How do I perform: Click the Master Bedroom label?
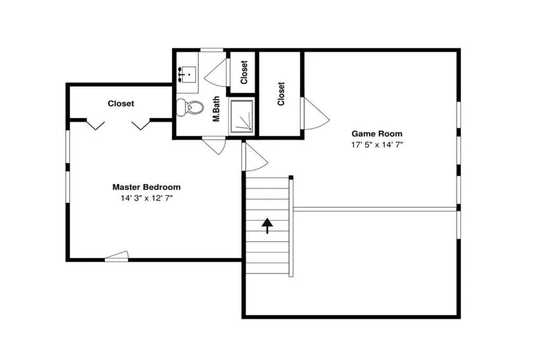(x=146, y=187)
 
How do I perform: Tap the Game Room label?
(x=377, y=133)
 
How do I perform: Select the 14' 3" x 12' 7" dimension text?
(x=146, y=198)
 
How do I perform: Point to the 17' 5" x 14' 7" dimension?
(x=377, y=145)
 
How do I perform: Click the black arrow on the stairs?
(x=267, y=226)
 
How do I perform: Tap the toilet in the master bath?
(x=189, y=107)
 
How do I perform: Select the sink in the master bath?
(x=187, y=74)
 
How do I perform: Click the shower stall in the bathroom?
(x=242, y=116)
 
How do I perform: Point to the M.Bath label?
(x=216, y=109)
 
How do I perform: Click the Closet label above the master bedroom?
(x=121, y=103)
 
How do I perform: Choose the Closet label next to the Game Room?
(x=281, y=94)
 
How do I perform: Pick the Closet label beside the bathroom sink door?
(x=244, y=73)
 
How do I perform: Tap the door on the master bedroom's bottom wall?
(x=116, y=255)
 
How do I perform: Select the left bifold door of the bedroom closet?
(x=95, y=125)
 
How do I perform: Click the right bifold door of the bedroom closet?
(x=141, y=125)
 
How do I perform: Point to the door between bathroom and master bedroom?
(x=214, y=146)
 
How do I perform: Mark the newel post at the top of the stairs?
(x=291, y=177)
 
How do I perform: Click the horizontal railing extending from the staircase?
(x=375, y=209)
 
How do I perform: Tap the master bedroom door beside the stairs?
(x=255, y=157)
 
